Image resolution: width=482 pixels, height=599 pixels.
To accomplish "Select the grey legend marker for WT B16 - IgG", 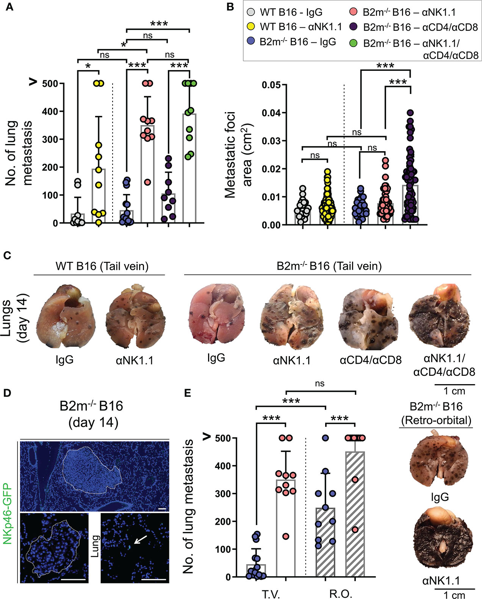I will point(251,12).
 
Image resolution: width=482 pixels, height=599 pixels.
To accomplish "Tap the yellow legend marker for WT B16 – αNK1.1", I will point(251,27).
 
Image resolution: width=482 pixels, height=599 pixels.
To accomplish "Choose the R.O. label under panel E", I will point(340,593).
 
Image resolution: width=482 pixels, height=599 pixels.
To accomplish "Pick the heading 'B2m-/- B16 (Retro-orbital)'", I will point(436,413).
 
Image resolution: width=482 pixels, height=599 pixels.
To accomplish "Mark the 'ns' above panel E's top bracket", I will point(319,383).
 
